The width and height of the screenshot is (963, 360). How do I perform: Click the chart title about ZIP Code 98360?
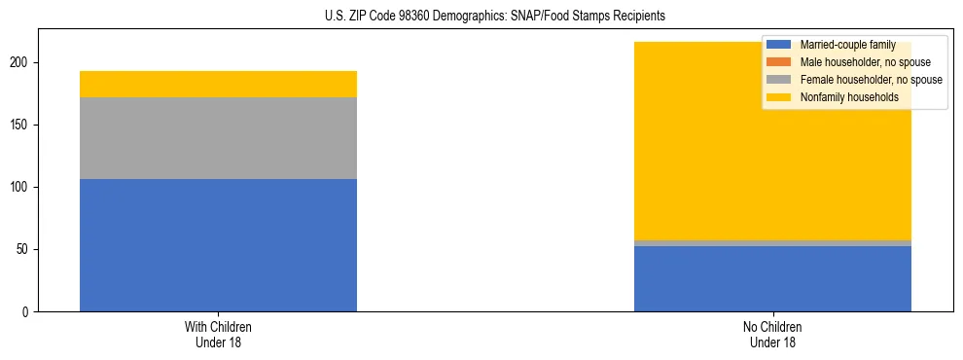pos(495,17)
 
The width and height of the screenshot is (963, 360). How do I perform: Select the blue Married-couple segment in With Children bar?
pos(218,245)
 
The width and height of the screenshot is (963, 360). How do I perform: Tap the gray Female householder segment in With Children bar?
pos(218,138)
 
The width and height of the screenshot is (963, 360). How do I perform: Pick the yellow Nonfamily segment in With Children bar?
pos(218,85)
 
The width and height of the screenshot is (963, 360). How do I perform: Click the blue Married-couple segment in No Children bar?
pos(772,278)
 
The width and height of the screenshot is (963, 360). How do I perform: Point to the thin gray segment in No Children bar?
pos(772,243)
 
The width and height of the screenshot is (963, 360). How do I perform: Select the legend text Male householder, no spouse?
pos(859,62)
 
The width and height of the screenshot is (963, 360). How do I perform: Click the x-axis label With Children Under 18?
pos(218,334)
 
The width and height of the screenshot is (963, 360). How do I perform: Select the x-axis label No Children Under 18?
pos(772,334)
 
